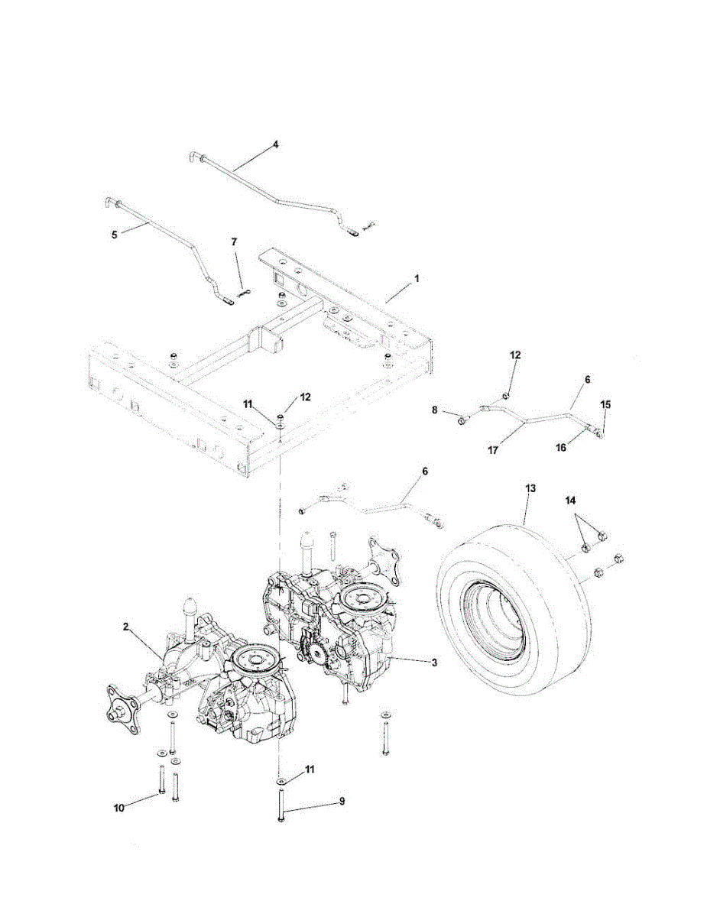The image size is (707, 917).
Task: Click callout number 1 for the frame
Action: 417,280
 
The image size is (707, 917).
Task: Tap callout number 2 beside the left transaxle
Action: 125,627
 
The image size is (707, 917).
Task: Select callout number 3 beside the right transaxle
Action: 434,663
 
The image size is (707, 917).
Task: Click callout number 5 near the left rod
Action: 114,235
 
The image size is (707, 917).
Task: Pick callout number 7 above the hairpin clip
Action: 235,241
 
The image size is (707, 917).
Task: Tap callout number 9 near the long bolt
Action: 342,802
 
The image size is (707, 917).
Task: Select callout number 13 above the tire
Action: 530,487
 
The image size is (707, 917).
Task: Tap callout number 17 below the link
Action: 493,451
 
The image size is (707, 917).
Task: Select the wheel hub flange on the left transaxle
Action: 119,711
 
